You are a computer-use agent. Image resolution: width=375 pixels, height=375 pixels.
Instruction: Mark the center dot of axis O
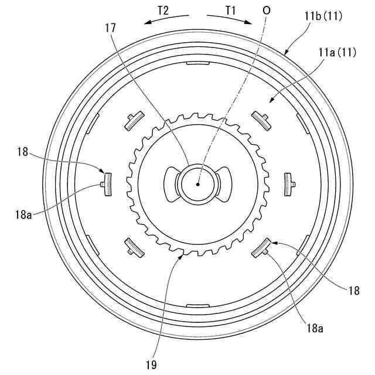coord(198,183)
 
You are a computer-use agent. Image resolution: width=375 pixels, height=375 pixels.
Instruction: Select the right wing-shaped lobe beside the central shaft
coord(224,183)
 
